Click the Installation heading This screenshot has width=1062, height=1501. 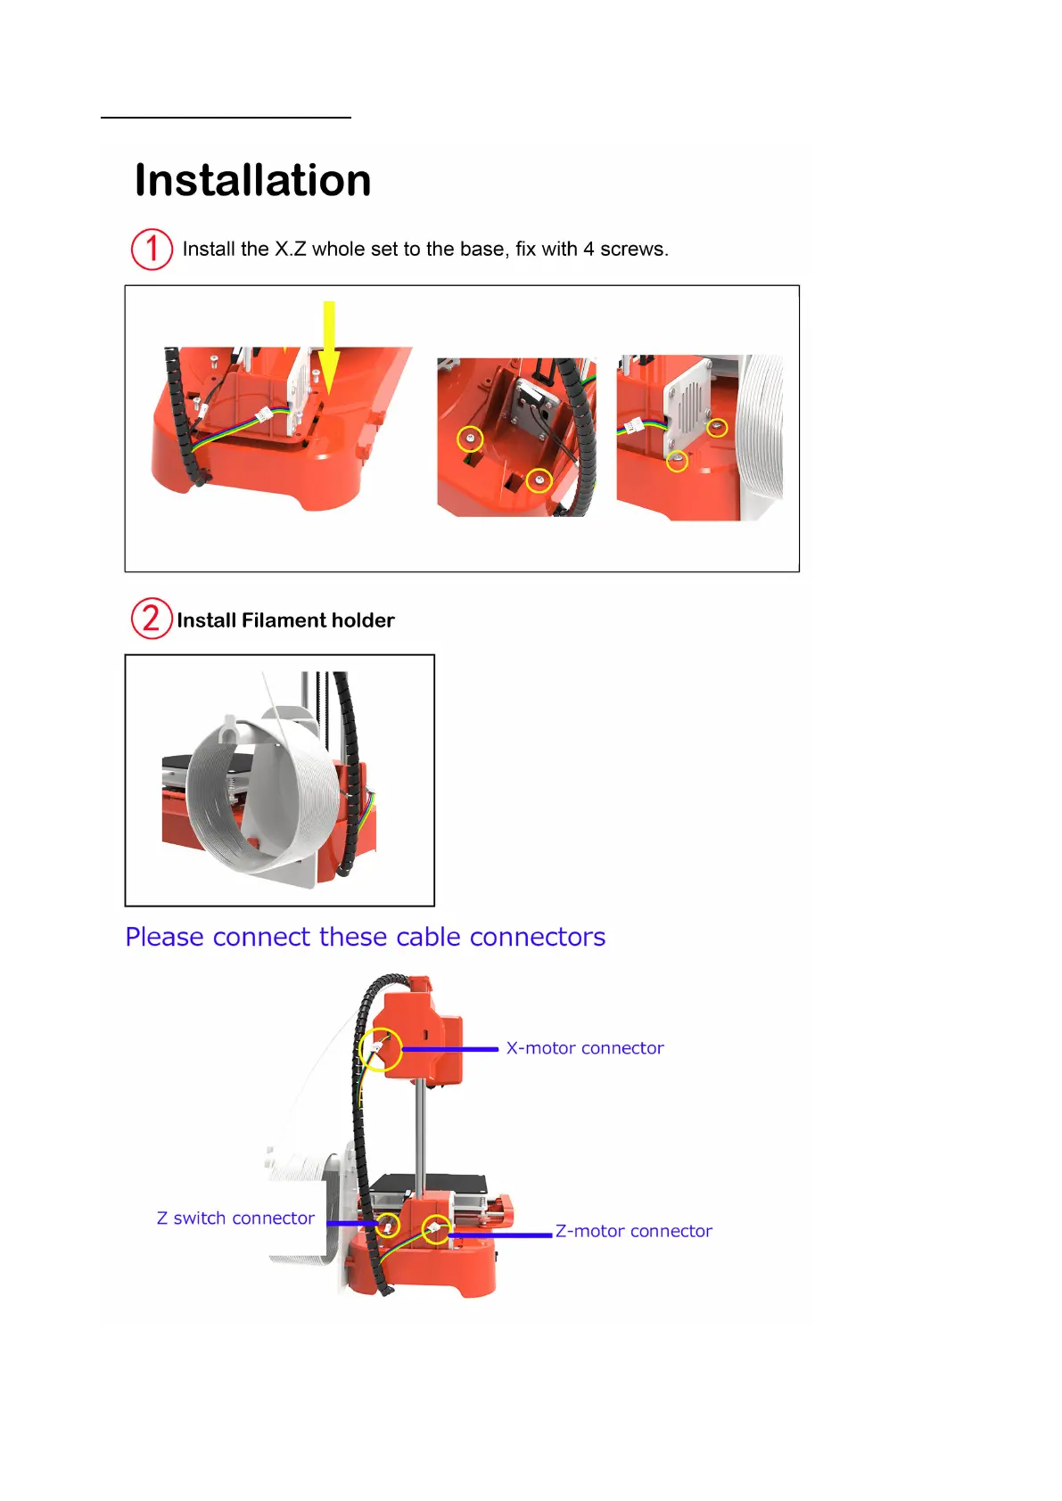click(252, 181)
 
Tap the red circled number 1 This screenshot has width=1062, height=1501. click(152, 250)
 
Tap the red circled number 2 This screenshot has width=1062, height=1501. click(152, 619)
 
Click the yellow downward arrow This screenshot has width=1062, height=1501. click(329, 348)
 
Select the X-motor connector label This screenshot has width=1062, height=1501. click(585, 1048)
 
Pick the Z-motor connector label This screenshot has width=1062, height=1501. click(633, 1231)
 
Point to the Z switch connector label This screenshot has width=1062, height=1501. click(235, 1218)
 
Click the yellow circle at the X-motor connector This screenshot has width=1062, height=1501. click(381, 1050)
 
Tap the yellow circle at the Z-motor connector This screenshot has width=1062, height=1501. click(436, 1229)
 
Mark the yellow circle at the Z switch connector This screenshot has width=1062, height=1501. click(387, 1224)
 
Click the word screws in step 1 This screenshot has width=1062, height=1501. click(633, 250)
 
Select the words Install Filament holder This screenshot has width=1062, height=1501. click(285, 620)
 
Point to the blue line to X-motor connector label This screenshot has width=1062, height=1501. click(450, 1049)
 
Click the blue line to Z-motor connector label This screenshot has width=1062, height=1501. click(500, 1235)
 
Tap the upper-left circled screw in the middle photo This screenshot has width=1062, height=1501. click(470, 439)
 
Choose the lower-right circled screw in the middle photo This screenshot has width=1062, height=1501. click(539, 480)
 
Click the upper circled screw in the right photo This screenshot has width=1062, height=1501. click(717, 427)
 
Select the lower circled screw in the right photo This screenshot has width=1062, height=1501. click(678, 461)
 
